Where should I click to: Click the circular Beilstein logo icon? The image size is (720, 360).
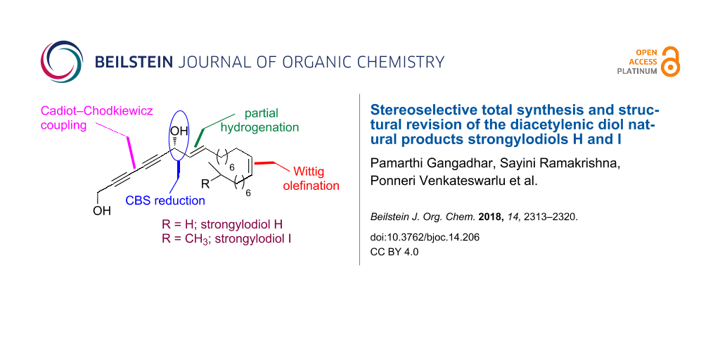tap(62, 62)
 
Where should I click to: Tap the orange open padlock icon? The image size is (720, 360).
tap(670, 61)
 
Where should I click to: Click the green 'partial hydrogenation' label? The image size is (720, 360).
tap(260, 120)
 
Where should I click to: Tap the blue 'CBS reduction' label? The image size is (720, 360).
tap(166, 200)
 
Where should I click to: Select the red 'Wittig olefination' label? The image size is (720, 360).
tap(314, 179)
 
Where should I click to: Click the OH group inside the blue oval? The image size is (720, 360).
tap(179, 131)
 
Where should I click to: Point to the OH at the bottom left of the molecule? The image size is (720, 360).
tap(102, 211)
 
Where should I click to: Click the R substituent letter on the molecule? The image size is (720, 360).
tap(206, 184)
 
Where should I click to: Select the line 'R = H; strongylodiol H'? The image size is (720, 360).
tap(221, 225)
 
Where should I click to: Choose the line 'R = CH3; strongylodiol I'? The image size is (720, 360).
tap(226, 240)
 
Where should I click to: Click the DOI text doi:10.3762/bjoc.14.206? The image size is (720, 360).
tap(425, 238)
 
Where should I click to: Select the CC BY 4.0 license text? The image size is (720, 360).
tap(394, 252)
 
